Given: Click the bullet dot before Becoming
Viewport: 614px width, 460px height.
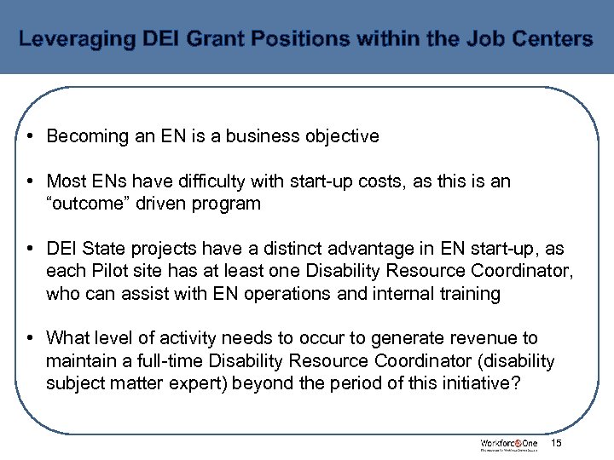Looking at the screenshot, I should click(x=29, y=136).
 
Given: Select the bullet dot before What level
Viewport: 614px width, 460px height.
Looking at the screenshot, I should click(x=29, y=339).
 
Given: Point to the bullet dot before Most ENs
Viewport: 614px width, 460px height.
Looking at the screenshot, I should click(x=29, y=181).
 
